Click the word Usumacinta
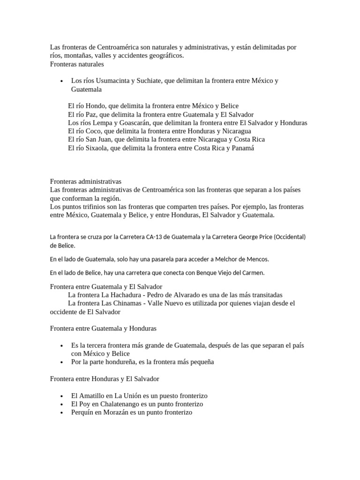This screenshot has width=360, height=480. pyautogui.click(x=106, y=81)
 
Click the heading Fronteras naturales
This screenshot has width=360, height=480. pyautogui.click(x=77, y=64)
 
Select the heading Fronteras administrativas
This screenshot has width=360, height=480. pyautogui.click(x=86, y=181)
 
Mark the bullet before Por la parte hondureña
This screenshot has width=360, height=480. pyautogui.click(x=62, y=362)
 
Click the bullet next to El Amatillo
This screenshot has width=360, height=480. pyautogui.click(x=62, y=396)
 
